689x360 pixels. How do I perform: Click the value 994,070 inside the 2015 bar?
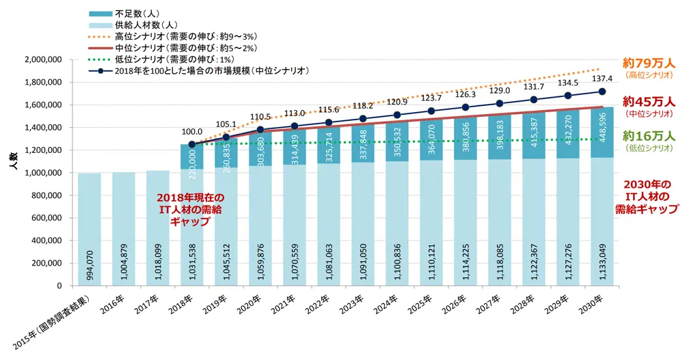click(90, 260)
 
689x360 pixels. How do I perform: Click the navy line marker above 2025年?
click(431, 111)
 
